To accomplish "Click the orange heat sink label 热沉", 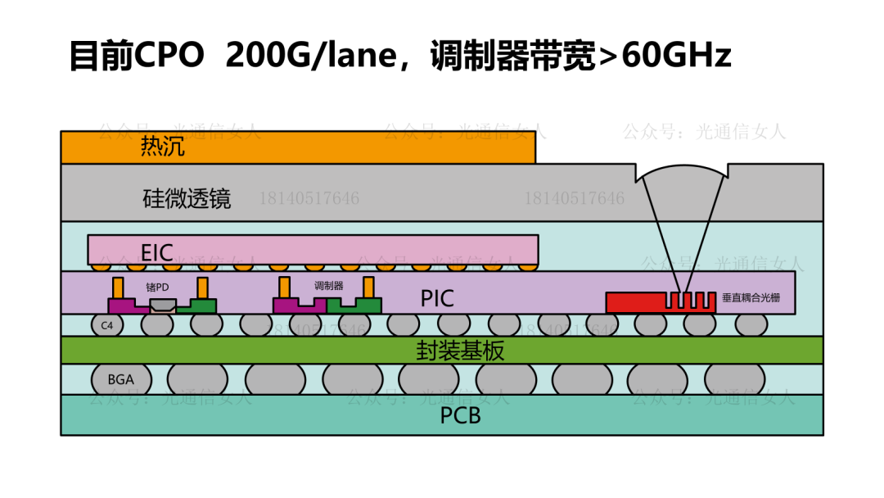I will [x=163, y=147].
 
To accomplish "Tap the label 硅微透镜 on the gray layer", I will [x=187, y=198].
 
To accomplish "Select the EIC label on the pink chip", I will [x=157, y=251].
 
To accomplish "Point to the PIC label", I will [x=437, y=298].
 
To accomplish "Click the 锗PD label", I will [x=157, y=287].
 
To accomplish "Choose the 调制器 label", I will [x=328, y=286].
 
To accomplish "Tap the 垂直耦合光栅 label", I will [x=751, y=298].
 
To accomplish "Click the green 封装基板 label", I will [x=460, y=351].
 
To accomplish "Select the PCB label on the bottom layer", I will [x=460, y=415].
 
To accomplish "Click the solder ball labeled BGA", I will [x=120, y=380].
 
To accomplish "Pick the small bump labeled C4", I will [x=106, y=325].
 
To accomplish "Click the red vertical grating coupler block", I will [x=634, y=302].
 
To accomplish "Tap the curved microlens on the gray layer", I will [x=682, y=174].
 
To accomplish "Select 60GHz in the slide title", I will [x=677, y=55].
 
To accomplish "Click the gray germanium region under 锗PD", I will [x=163, y=306].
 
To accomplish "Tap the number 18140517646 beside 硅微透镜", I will [x=309, y=198].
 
